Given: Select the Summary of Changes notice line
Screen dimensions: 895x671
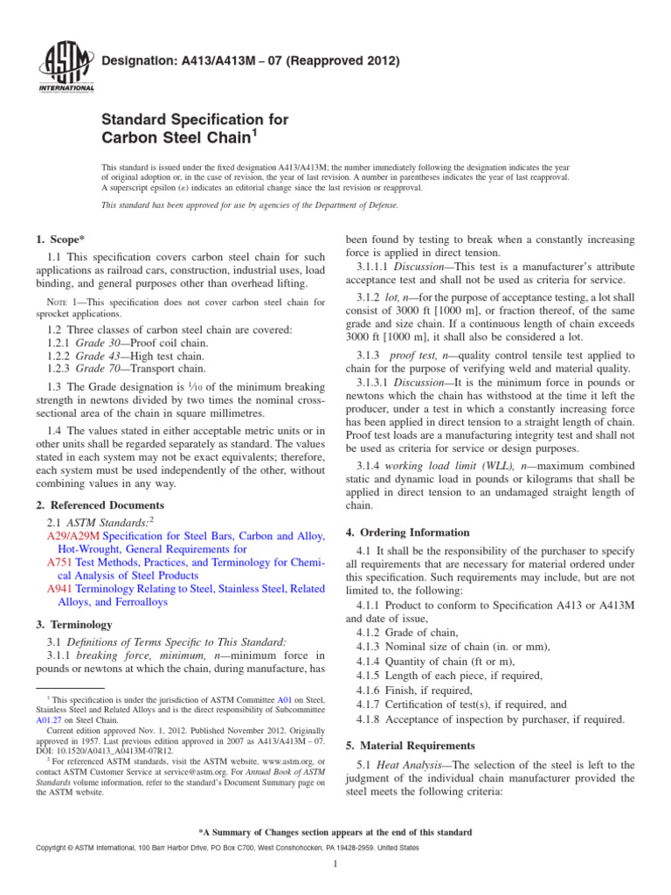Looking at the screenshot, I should click(335, 832).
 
